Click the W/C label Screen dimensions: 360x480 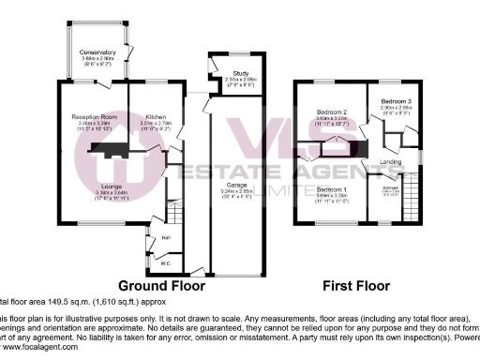[x=165, y=262]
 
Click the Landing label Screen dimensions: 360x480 [x=393, y=161]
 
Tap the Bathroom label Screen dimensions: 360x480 [x=390, y=189]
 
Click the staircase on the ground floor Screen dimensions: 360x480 [x=171, y=211]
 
